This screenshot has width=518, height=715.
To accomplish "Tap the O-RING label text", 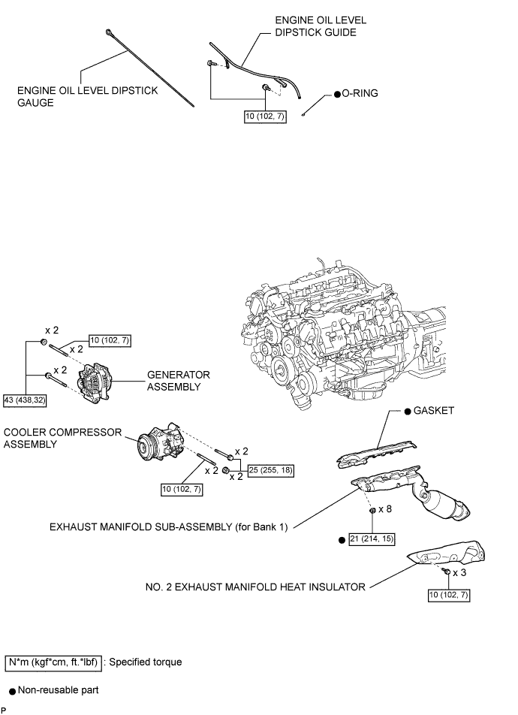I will pyautogui.click(x=361, y=94).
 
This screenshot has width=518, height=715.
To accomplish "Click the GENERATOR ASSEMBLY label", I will pyautogui.click(x=179, y=380).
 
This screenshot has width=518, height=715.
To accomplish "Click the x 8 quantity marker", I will pyautogui.click(x=384, y=509).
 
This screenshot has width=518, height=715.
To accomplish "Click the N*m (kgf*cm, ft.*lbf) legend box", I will pyautogui.click(x=53, y=662).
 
